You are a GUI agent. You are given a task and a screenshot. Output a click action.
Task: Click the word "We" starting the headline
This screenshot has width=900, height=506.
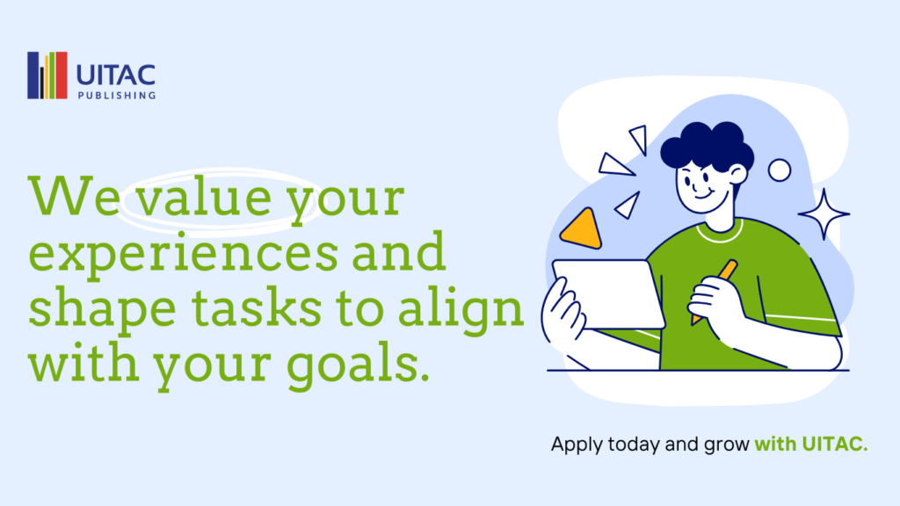tap(74, 196)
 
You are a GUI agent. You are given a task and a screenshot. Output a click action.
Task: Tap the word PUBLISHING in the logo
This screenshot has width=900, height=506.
tap(117, 95)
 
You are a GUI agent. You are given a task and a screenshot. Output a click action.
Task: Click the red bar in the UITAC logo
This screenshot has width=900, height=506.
tap(62, 76)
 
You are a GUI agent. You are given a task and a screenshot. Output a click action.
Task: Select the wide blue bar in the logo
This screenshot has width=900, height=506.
tap(33, 76)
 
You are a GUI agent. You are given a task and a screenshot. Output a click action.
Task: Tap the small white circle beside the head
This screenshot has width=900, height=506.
tap(780, 170)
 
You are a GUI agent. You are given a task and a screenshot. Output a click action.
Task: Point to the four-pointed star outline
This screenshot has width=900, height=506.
tap(824, 214)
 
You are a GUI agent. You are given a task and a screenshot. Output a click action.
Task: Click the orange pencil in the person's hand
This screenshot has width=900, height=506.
tap(715, 292)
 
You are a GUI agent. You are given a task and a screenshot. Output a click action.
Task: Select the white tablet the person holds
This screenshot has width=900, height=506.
tap(608, 294)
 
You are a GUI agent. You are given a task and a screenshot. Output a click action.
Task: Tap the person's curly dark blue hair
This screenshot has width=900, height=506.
tap(708, 145)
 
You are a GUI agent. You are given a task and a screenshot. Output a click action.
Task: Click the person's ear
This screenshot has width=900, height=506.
tap(738, 174)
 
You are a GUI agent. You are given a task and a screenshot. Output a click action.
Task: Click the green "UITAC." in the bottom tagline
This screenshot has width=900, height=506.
tap(835, 444)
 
